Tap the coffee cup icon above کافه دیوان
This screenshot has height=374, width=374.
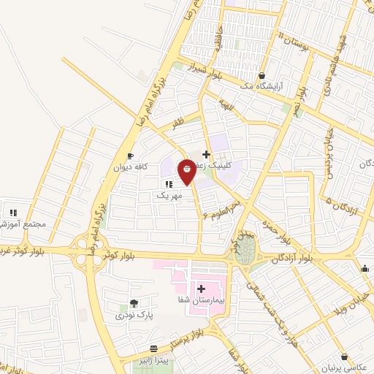(130, 156)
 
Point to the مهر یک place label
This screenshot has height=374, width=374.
(167, 195)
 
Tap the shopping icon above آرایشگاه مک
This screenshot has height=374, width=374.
(262, 75)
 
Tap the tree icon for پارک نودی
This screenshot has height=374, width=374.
(133, 303)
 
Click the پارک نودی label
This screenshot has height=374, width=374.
(130, 315)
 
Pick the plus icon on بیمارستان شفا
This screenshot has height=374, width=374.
(201, 289)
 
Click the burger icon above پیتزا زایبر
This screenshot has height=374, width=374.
(154, 349)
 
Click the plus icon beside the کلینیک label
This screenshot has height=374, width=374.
(207, 155)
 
